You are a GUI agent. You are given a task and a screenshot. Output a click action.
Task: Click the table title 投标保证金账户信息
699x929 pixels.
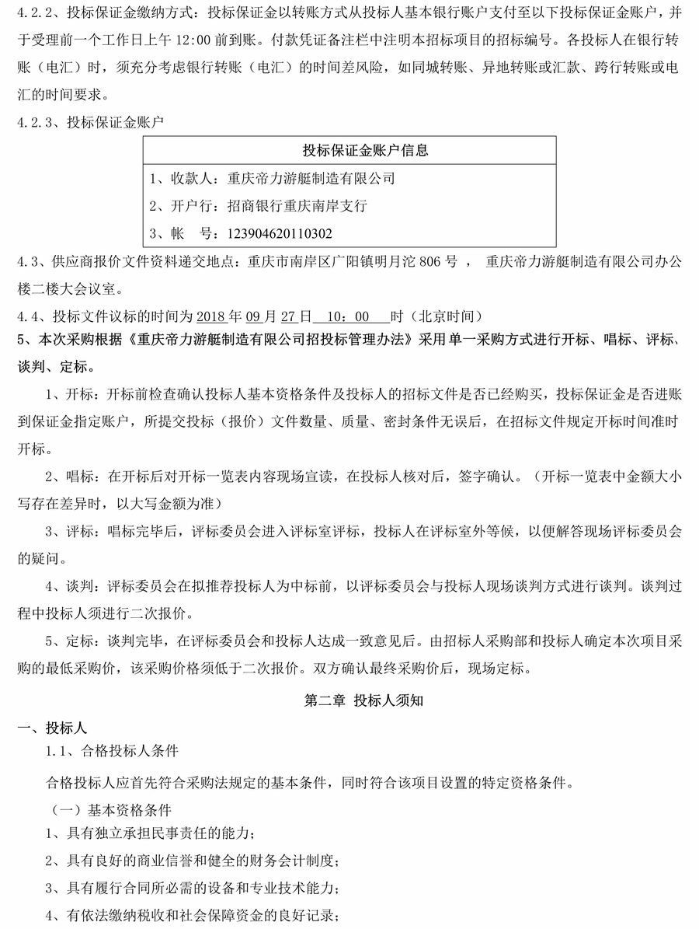coord(365,151)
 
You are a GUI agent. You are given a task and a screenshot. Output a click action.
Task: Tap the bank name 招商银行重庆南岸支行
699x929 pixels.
coord(297,206)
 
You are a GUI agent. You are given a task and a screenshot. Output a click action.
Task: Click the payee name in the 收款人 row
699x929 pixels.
coord(311,179)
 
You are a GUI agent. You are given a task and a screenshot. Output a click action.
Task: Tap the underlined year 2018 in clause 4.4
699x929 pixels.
coord(210,316)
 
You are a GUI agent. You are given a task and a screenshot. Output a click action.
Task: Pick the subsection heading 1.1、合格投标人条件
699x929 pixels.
coord(113,752)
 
